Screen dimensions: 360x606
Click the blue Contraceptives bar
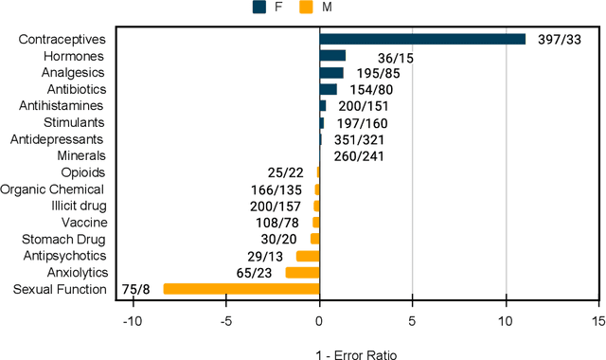(x=422, y=39)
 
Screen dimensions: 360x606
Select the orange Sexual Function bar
(x=241, y=289)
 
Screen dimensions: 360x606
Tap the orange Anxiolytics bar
(x=303, y=273)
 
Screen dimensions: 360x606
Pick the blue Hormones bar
(x=332, y=56)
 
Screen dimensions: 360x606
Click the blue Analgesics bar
(x=331, y=73)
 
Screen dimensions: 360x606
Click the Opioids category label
(x=83, y=172)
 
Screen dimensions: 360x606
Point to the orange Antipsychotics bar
(x=308, y=256)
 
